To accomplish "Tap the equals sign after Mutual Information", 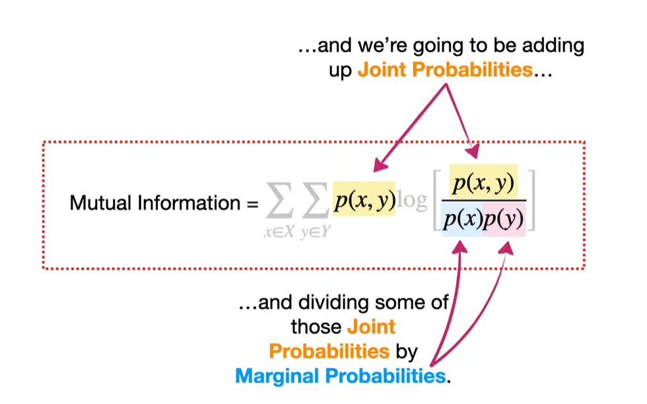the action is [x=252, y=203].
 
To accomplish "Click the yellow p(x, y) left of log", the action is [x=364, y=199].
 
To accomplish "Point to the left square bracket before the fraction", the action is [x=437, y=200].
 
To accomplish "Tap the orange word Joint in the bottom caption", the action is [x=370, y=326].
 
